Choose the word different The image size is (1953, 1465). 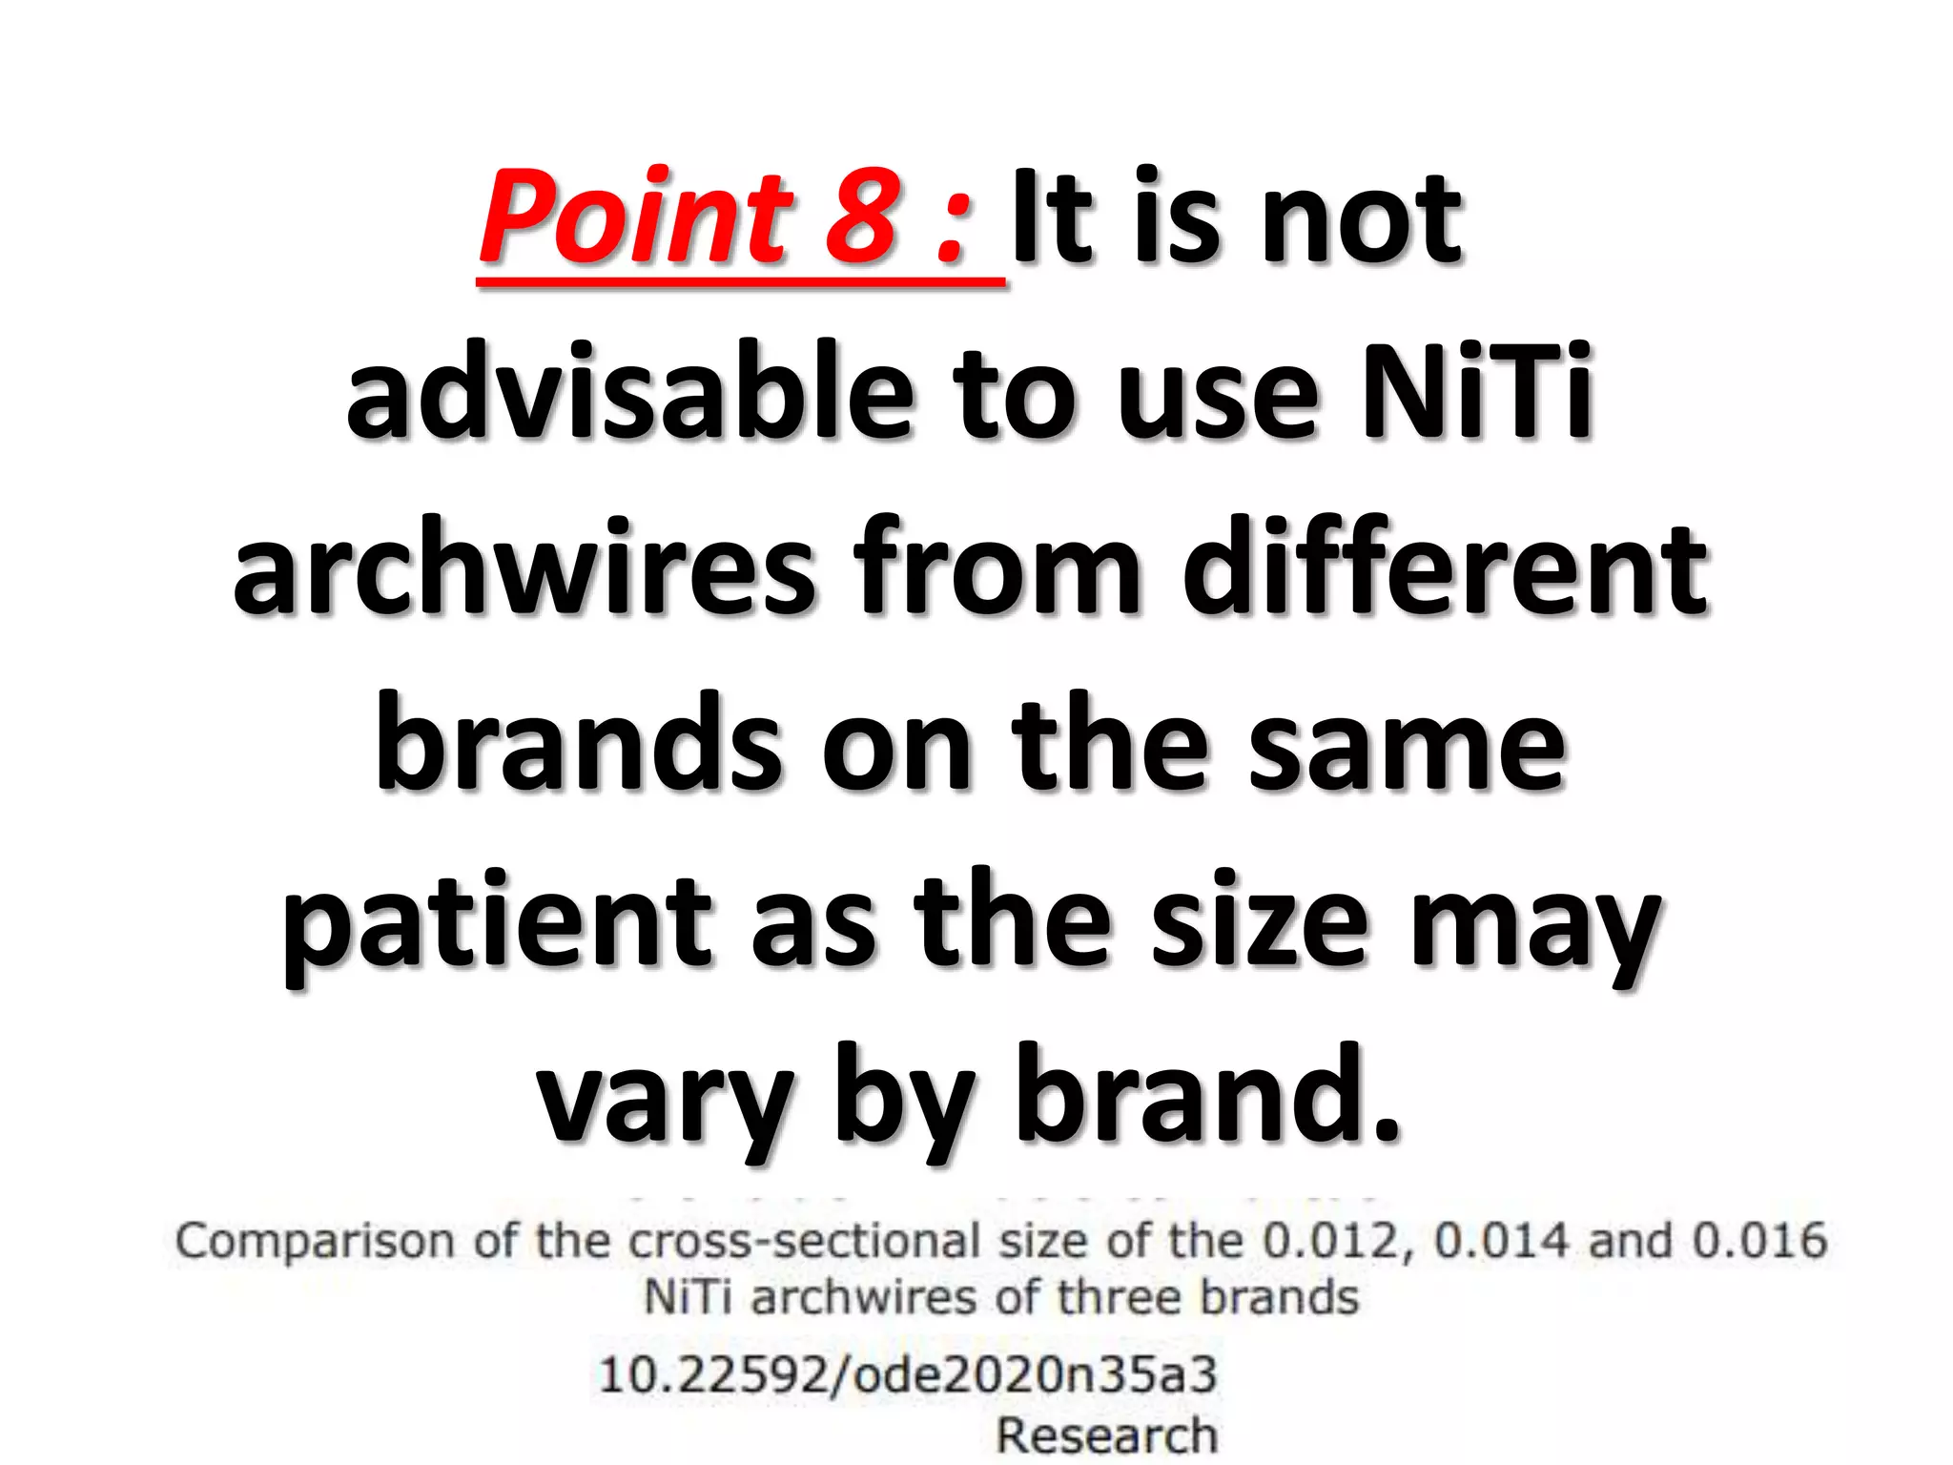(1445, 567)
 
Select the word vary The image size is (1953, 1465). (665, 1097)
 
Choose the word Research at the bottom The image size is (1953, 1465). (1107, 1435)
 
